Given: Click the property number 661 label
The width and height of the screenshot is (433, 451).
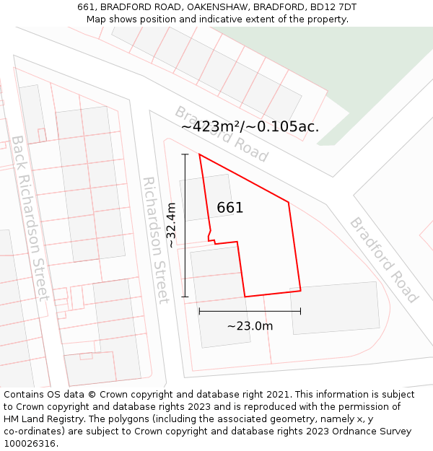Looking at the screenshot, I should pyautogui.click(x=230, y=208).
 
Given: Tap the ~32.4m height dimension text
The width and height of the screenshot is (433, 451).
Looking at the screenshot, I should pyautogui.click(x=171, y=225).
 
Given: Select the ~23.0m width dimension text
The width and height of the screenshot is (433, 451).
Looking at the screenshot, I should pyautogui.click(x=250, y=326).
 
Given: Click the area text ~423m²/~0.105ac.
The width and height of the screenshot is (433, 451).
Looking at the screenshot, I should pyautogui.click(x=250, y=127).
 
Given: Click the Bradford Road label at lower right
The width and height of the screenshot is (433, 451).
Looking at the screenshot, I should pyautogui.click(x=384, y=260).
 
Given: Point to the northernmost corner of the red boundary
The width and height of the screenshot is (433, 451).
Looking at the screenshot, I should pyautogui.click(x=199, y=154).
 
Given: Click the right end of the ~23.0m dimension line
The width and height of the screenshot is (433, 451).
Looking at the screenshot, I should pyautogui.click(x=300, y=311).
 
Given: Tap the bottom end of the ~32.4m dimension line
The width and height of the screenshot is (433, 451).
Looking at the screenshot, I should pyautogui.click(x=185, y=297).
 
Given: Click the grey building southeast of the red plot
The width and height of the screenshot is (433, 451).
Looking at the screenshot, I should pyautogui.click(x=335, y=307).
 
